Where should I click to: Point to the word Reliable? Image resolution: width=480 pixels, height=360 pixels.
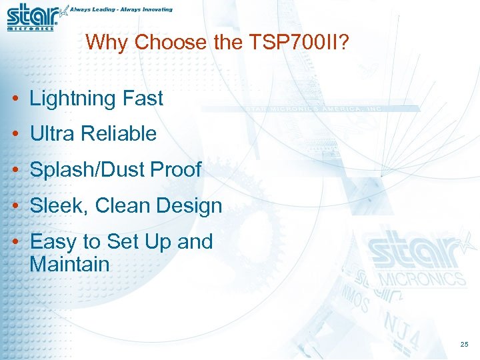coord(119,133)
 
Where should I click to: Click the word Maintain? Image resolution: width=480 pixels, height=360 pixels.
coord(69,264)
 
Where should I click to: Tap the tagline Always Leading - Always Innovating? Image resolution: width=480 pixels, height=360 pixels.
coord(123,10)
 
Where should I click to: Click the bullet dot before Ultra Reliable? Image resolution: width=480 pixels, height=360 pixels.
coord(15,134)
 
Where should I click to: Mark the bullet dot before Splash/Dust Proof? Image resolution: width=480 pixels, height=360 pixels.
coord(15,170)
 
